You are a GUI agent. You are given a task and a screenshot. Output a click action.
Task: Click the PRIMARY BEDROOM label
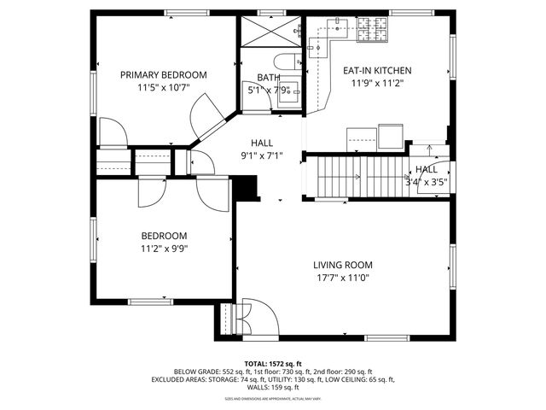click(163, 74)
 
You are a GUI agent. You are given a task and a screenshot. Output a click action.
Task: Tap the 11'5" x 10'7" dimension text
click(163, 87)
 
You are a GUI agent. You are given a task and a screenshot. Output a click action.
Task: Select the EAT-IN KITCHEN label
click(377, 71)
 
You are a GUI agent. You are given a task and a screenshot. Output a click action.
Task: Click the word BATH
click(258, 77)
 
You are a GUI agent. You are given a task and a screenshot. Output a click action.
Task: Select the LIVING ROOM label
click(341, 265)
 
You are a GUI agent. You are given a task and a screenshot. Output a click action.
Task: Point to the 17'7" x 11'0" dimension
click(341, 278)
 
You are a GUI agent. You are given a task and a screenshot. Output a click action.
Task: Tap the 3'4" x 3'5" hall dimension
click(426, 182)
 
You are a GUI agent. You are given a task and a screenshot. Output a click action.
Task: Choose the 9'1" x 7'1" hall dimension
click(262, 155)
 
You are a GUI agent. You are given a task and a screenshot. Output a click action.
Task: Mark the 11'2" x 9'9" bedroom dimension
click(163, 249)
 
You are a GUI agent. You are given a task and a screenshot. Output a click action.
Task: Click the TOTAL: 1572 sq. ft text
click(273, 363)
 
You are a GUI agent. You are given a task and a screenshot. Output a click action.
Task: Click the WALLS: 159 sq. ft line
click(273, 387)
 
